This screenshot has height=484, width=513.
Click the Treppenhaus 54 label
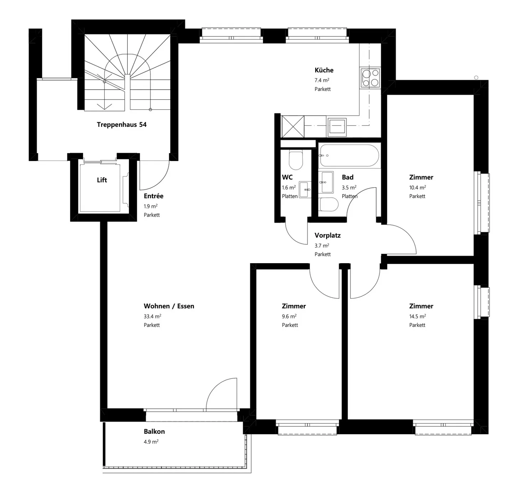tap(121, 125)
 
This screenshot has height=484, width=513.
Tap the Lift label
tap(102, 180)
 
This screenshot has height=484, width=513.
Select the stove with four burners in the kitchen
tap(370, 78)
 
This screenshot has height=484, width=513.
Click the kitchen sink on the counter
tap(337, 126)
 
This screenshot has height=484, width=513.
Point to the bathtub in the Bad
tap(349, 155)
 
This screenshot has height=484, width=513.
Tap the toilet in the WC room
tap(296, 160)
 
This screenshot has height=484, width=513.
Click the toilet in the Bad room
tap(328, 204)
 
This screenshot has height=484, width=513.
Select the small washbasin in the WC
tap(305, 189)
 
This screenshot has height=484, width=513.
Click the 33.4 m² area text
tap(152, 316)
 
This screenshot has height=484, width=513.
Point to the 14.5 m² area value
tap(418, 316)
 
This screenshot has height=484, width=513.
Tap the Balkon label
tap(154, 432)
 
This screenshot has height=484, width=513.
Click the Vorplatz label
tap(327, 235)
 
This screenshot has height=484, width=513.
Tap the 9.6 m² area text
tap(289, 316)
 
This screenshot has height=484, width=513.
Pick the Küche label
tap(324, 70)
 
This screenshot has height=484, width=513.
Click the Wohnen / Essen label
tap(169, 306)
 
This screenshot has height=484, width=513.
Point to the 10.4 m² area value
tap(418, 188)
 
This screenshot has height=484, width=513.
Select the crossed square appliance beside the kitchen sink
tap(293, 126)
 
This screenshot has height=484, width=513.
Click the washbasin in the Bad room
tap(327, 182)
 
